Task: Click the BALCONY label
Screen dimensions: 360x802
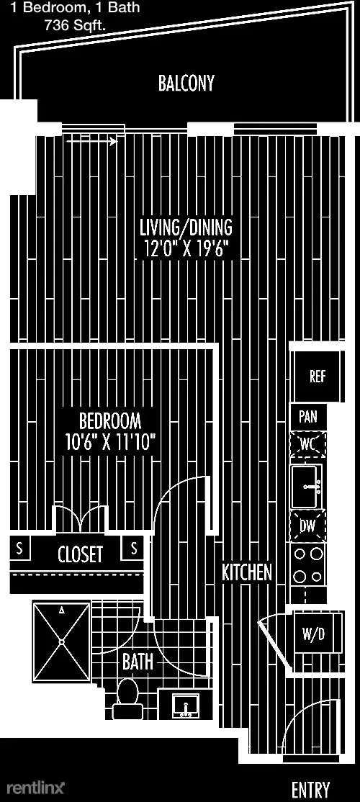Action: [186, 83]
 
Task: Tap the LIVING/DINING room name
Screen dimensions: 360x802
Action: [186, 225]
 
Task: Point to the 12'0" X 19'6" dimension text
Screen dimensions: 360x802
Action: [184, 249]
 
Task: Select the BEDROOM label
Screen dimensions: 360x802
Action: [110, 420]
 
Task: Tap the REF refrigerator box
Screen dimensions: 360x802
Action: [318, 377]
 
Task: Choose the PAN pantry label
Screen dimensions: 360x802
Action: [308, 417]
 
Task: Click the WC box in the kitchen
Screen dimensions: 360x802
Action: [307, 444]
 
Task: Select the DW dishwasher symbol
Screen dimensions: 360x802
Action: [307, 526]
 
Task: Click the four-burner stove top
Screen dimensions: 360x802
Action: [308, 564]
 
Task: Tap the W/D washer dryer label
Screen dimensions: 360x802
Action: [313, 635]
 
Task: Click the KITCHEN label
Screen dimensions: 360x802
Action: [246, 572]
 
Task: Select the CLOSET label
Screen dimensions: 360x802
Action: [81, 554]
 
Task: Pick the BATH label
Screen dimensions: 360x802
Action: [138, 662]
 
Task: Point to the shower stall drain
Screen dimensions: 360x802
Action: [62, 641]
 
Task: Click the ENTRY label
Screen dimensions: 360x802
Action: [310, 789]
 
